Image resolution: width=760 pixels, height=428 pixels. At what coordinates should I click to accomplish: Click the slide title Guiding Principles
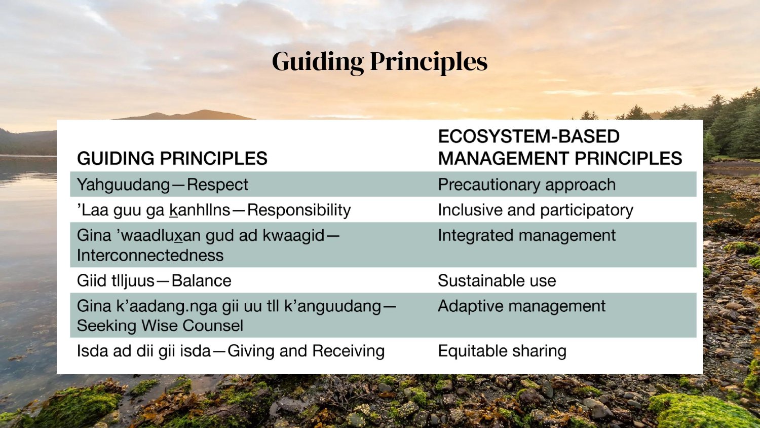(379, 61)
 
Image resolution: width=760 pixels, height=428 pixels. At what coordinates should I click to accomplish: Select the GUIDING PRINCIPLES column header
(172, 158)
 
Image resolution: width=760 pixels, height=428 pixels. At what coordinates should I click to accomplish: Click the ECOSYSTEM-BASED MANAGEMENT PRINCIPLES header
(559, 148)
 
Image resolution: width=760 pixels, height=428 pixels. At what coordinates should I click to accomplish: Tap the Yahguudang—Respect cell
(162, 185)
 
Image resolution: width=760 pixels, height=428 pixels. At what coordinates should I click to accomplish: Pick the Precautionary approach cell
(526, 185)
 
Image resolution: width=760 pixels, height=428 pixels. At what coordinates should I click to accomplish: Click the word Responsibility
(299, 210)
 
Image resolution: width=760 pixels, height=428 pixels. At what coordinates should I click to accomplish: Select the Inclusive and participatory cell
(535, 210)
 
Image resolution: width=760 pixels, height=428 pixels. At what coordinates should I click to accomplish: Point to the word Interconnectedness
(150, 255)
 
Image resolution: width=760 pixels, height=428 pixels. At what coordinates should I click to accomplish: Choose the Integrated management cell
(526, 235)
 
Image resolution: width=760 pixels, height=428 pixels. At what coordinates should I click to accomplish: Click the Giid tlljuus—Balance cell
(154, 280)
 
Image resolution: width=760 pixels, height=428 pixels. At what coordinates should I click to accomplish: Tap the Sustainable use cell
(497, 280)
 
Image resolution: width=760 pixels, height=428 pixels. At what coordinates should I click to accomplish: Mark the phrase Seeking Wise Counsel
(160, 326)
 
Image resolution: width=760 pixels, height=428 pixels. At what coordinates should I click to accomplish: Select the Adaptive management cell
(521, 306)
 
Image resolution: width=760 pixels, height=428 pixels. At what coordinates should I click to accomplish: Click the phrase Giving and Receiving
(306, 351)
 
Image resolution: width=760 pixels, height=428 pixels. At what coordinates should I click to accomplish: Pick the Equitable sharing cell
(502, 351)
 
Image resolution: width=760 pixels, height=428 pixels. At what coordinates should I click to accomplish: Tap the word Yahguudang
(123, 185)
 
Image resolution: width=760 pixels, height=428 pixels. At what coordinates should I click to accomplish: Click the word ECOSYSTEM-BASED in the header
(528, 136)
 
